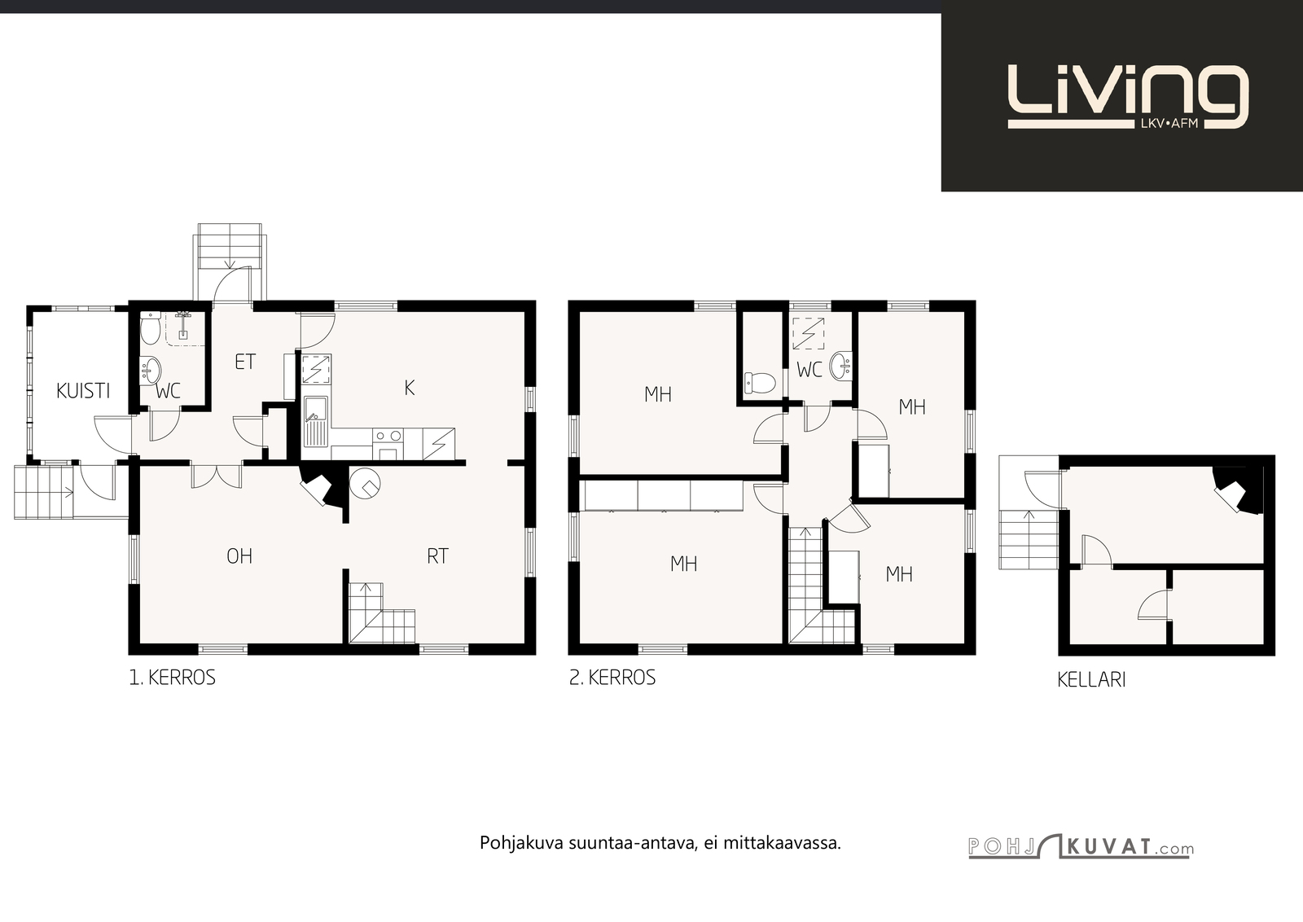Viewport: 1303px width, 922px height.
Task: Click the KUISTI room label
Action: pos(83,391)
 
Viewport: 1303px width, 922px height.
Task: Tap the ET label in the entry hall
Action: pos(245,362)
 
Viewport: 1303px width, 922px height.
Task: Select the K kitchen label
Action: pos(410,388)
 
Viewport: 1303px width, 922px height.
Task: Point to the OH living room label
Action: pos(239,556)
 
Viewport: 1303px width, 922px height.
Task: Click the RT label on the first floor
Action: pos(438,556)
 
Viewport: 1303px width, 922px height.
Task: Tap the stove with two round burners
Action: pos(388,444)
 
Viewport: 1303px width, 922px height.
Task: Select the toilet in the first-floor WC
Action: pos(150,327)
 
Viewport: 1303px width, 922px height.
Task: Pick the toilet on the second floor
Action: pos(760,383)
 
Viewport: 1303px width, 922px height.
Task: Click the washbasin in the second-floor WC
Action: pos(840,366)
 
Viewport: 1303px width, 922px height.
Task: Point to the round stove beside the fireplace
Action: pos(366,483)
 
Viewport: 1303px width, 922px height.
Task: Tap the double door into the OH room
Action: pos(217,475)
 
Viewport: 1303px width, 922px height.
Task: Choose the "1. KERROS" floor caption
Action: pos(172,678)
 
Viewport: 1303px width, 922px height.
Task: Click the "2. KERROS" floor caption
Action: pos(612,678)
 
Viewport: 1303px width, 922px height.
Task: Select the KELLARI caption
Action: pos(1091,680)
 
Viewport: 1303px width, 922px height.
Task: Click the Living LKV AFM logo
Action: pos(1127,97)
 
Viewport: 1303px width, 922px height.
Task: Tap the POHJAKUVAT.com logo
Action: pos(1081,846)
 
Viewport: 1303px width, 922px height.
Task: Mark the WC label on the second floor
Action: pos(809,370)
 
